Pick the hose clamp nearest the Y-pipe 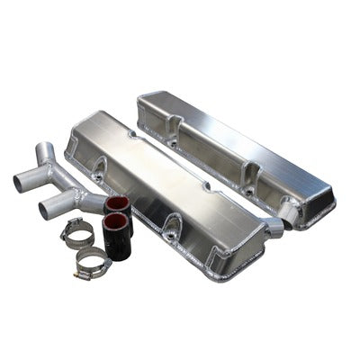coord(78,236)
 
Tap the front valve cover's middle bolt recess coord(168,227)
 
